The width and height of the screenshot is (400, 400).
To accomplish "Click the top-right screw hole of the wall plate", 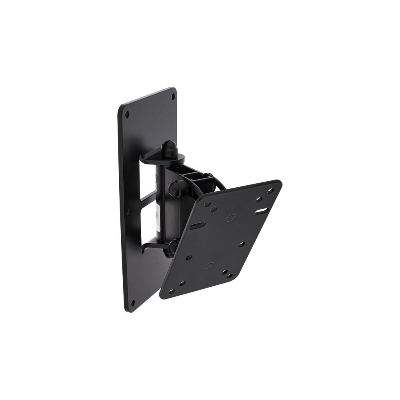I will [x=173, y=96].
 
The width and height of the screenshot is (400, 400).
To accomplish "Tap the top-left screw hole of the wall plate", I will [x=127, y=114].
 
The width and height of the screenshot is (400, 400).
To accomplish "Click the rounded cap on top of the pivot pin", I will [x=168, y=144].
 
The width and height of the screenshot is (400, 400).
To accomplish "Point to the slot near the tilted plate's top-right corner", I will [x=261, y=210].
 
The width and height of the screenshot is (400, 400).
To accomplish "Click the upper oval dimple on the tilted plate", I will [x=230, y=218].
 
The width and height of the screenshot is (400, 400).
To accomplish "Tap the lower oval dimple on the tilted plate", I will [x=210, y=265].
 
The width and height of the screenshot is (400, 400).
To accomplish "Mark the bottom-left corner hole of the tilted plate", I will [x=172, y=291].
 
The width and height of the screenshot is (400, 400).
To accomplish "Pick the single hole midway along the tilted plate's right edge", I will [x=242, y=244].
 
